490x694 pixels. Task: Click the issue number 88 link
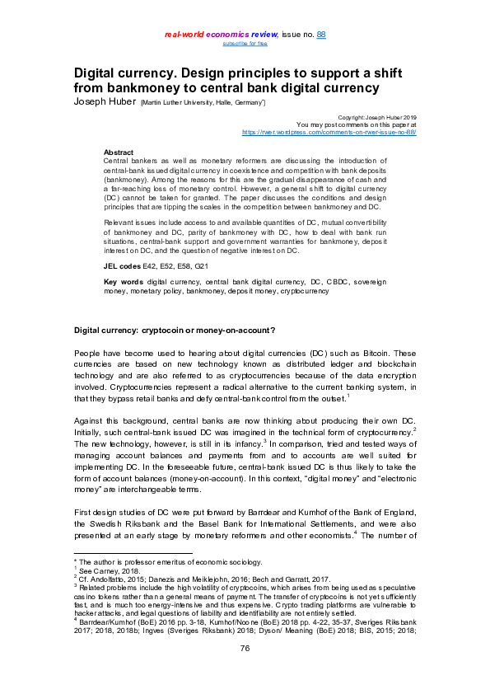(x=322, y=34)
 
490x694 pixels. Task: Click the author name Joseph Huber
(x=105, y=101)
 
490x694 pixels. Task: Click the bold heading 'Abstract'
(x=119, y=152)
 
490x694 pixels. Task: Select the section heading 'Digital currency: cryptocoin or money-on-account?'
(x=175, y=331)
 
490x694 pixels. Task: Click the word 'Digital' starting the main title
(x=99, y=73)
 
